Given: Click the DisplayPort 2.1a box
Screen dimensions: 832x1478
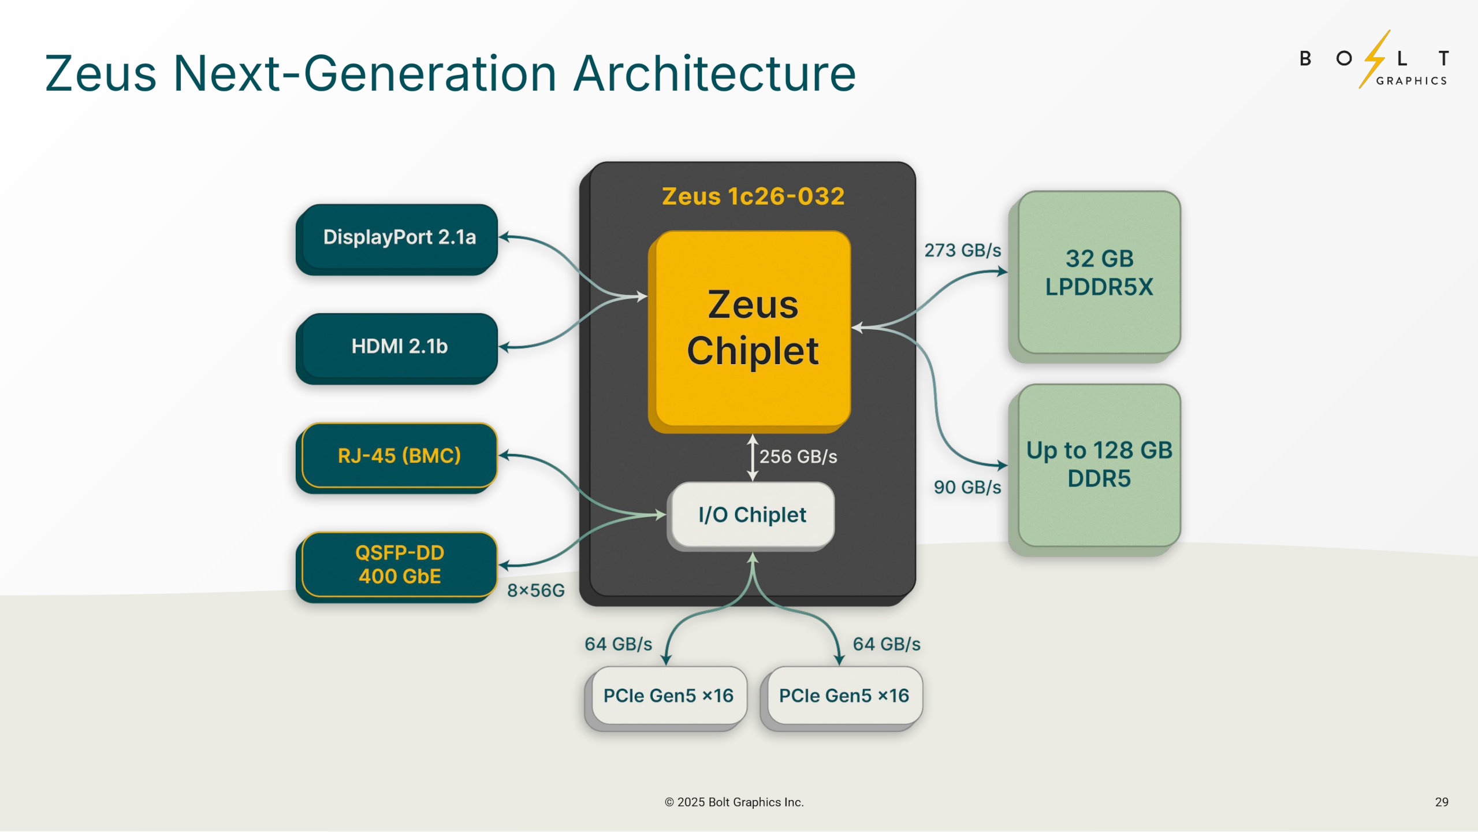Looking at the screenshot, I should [x=399, y=237].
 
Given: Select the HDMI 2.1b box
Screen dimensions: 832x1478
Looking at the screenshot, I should [x=399, y=346].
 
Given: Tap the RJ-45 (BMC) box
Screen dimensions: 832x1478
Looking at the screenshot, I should [x=399, y=455].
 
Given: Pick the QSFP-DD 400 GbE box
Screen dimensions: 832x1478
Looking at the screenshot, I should [x=399, y=564].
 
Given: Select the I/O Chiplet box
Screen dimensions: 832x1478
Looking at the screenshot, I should [x=751, y=514].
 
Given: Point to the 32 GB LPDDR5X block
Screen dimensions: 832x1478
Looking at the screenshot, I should [x=1099, y=273].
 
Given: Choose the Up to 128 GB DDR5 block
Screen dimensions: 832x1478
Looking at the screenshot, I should [x=1099, y=465].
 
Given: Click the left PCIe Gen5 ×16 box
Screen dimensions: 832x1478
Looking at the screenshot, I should [x=668, y=696].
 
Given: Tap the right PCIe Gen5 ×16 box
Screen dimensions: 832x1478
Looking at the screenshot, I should [x=844, y=696].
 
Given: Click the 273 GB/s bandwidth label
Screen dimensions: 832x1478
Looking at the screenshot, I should [x=962, y=250].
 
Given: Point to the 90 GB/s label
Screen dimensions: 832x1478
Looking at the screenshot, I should [x=967, y=487].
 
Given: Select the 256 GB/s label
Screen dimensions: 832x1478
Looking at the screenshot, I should [x=798, y=456].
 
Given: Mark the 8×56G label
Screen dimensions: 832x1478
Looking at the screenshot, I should [x=535, y=590].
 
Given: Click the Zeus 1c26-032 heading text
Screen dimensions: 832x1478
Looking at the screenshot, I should [x=753, y=196].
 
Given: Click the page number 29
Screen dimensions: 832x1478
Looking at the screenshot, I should [x=1441, y=802].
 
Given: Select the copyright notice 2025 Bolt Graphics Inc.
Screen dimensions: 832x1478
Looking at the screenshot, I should [x=734, y=802].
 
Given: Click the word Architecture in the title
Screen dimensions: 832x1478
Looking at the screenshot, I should [x=714, y=73].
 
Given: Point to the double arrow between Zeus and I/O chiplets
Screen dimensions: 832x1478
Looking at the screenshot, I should [x=752, y=458].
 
